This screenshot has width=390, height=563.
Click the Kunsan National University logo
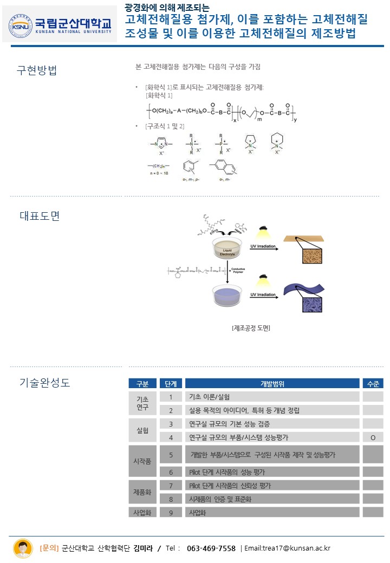point(60,24)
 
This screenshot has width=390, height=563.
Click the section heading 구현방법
point(37,70)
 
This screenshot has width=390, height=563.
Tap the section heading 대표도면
point(40,215)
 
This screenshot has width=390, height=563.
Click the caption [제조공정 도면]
point(250,328)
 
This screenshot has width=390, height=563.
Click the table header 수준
point(373,384)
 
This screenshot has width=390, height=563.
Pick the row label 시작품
point(142,461)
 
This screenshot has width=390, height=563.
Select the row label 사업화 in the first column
point(142,512)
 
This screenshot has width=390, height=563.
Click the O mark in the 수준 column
point(373,437)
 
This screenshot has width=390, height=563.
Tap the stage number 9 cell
point(171,512)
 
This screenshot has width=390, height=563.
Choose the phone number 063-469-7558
point(211,548)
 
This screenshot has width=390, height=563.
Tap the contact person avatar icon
point(23,548)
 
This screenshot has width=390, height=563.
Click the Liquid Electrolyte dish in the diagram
point(227,250)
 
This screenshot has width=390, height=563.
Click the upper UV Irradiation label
point(263,246)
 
